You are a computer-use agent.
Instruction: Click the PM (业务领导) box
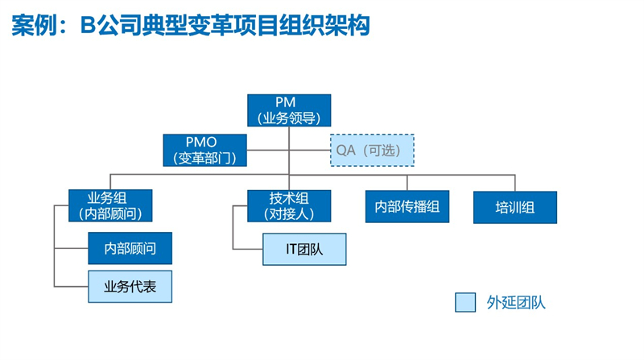pos(289,110)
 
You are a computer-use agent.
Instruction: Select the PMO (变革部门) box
pos(205,150)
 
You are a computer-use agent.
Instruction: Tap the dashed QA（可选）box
pos(373,150)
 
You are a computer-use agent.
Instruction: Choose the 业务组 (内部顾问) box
pos(110,206)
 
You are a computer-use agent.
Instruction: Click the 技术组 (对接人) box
pos(288,206)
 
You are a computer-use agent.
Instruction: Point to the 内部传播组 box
pos(407,207)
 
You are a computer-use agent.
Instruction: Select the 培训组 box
pos(515,207)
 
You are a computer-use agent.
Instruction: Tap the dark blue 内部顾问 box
pos(130,248)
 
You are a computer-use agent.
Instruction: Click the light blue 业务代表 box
pos(130,286)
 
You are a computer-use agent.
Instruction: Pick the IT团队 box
pos(304,249)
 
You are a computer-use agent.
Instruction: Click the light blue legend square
pos(465,302)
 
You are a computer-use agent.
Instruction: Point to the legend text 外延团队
pos(516,303)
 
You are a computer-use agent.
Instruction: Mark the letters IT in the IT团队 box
pos(292,249)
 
